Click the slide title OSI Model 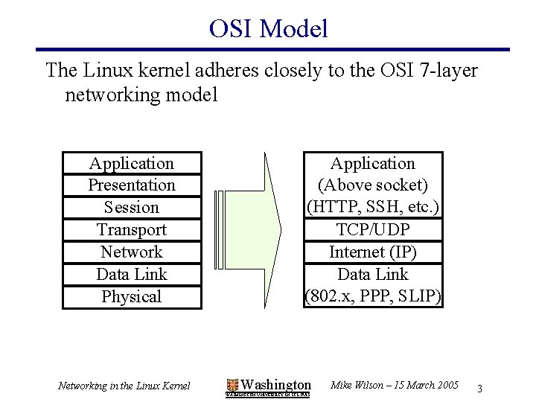point(268,28)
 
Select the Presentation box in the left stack point(132,185)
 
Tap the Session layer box point(132,207)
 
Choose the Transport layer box point(132,229)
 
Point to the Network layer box point(132,252)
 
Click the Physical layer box point(132,296)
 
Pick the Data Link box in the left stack point(132,274)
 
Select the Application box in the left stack point(132,163)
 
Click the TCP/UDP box point(373,229)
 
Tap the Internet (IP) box point(373,252)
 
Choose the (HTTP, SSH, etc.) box point(373,207)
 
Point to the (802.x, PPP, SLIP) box point(373,296)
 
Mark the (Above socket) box point(373,185)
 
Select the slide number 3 point(480,388)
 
